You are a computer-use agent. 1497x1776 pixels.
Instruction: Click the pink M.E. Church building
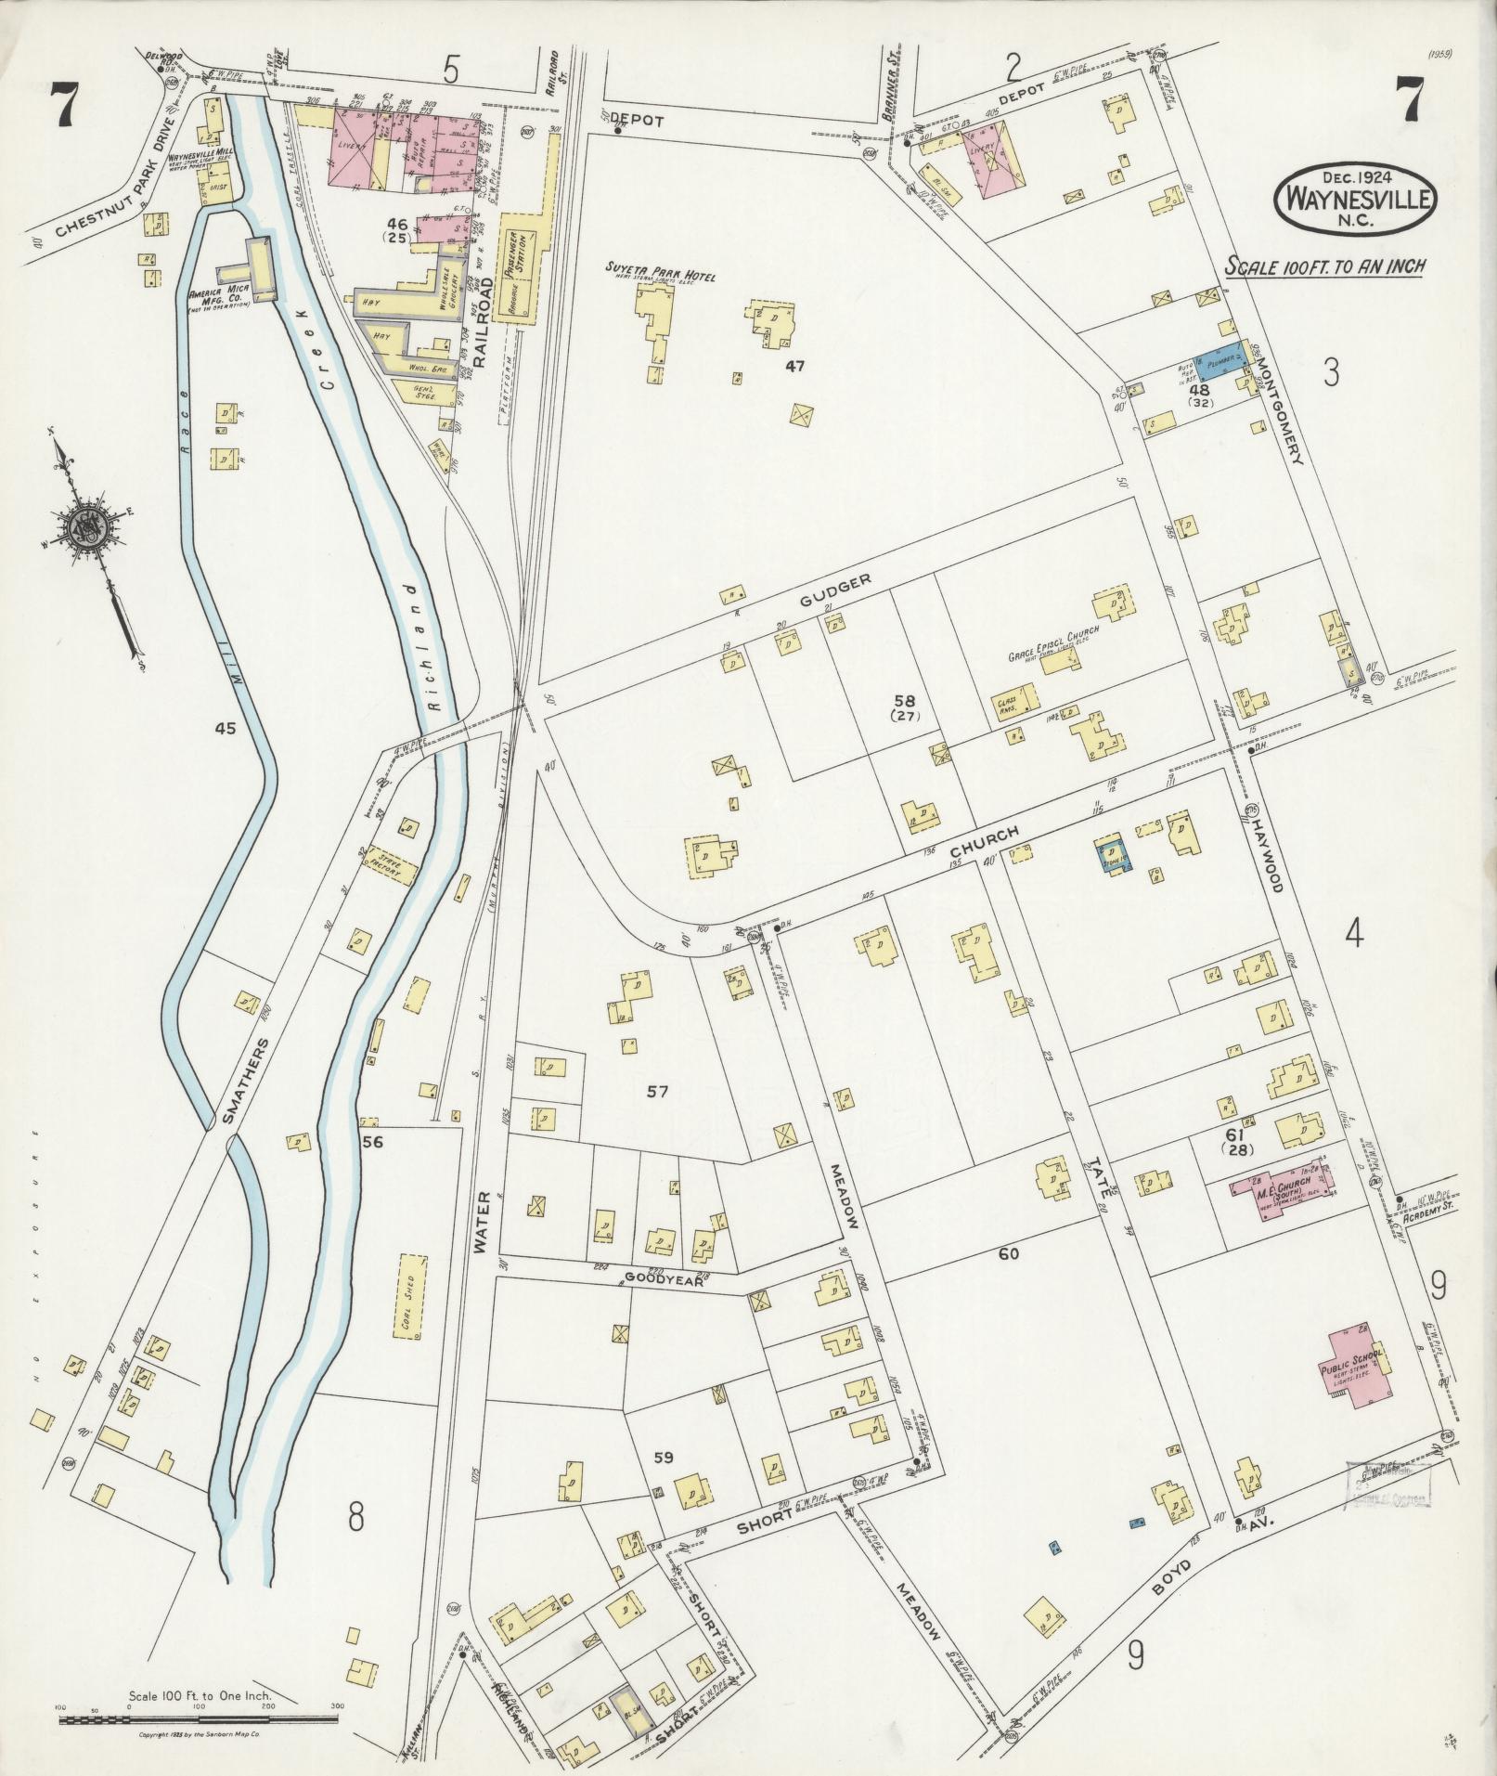pyautogui.click(x=1280, y=1187)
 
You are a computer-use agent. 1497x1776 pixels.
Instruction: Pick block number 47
pyautogui.click(x=794, y=366)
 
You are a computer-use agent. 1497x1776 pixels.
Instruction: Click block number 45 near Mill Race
pyautogui.click(x=225, y=729)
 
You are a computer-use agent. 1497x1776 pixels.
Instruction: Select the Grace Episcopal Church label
pyautogui.click(x=1054, y=631)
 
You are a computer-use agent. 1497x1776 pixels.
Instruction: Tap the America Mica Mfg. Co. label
pyautogui.click(x=221, y=298)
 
